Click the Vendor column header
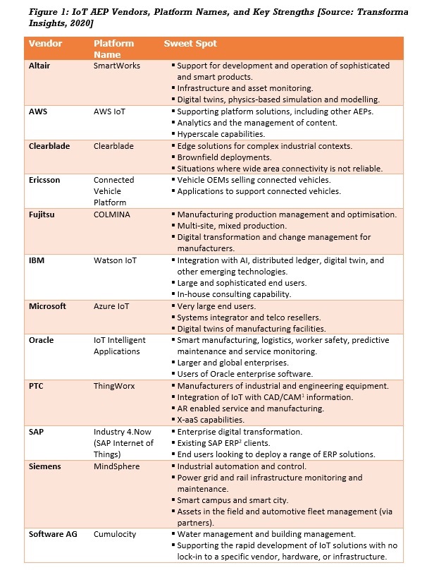46,44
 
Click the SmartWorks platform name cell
117,66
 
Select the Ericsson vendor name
44,180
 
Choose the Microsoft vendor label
47,306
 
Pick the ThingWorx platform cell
115,385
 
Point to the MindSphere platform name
117,466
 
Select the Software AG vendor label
53,534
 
